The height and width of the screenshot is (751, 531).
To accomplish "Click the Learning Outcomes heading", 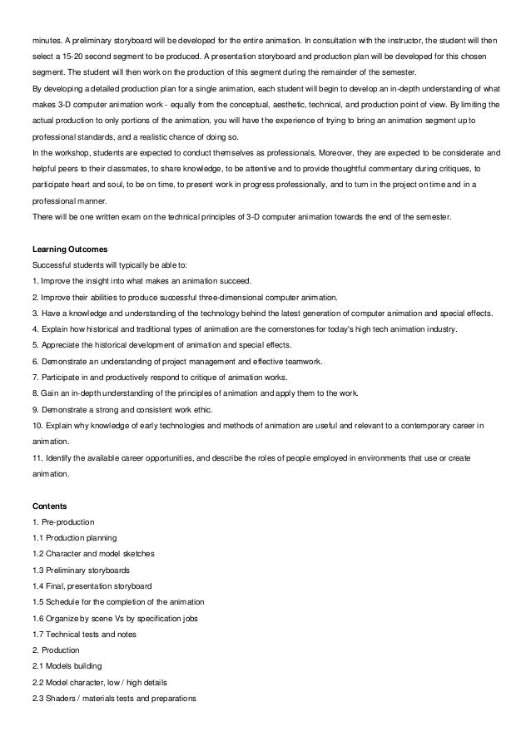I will coord(68,249).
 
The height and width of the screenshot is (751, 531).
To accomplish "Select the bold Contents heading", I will coord(51,505).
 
